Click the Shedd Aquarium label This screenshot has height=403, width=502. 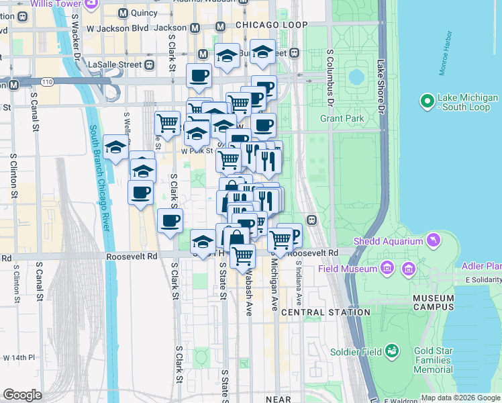pyautogui.click(x=389, y=242)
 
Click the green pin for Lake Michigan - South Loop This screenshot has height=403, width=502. pyautogui.click(x=426, y=101)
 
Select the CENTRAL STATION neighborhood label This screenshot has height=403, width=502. pyautogui.click(x=325, y=312)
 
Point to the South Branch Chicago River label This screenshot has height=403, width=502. pyautogui.click(x=98, y=179)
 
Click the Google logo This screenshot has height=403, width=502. pyautogui.click(x=22, y=395)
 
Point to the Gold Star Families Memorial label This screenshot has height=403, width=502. pyautogui.click(x=442, y=360)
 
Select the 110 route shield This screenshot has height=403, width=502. pyautogui.click(x=46, y=82)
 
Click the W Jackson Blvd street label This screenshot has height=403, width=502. pyautogui.click(x=118, y=29)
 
